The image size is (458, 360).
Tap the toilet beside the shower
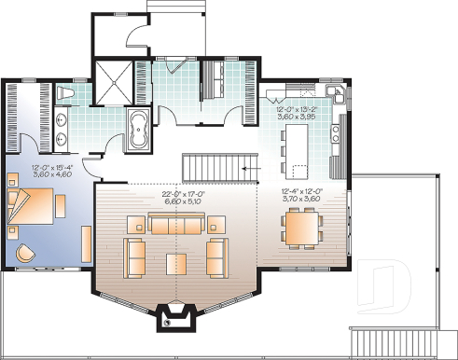tap(66, 94)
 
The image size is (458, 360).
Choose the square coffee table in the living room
tap(177, 263)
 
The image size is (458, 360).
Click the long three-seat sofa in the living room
tap(176, 224)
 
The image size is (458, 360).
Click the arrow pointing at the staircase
tap(249, 168)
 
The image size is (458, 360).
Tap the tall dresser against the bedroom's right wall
tap(87, 244)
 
